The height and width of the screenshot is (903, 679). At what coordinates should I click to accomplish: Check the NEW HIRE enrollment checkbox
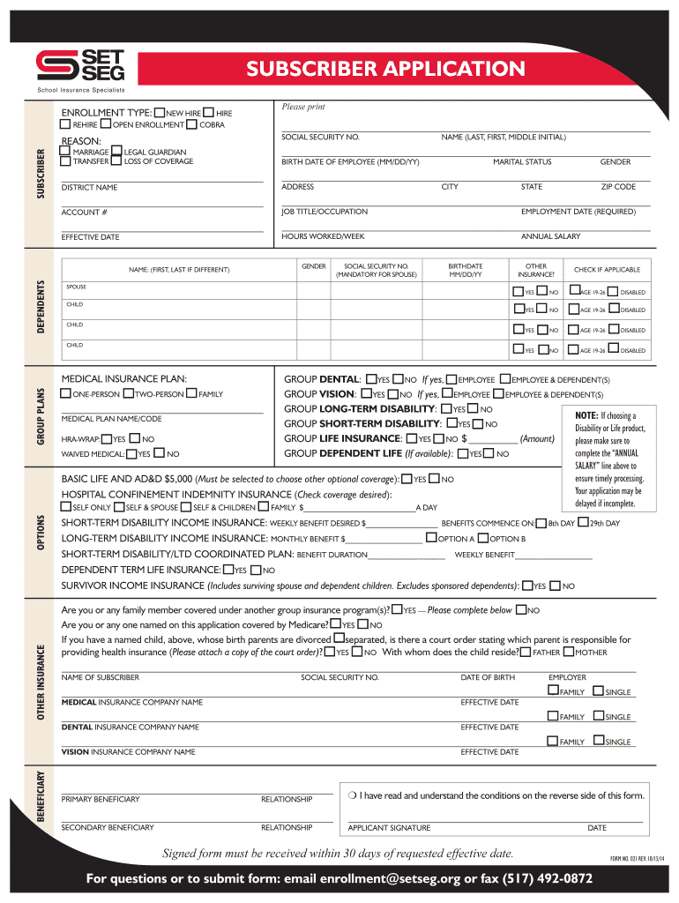(x=159, y=113)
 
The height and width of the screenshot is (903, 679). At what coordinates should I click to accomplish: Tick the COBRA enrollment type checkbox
(x=193, y=124)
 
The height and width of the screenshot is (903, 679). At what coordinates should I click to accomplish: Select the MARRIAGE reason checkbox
(x=65, y=152)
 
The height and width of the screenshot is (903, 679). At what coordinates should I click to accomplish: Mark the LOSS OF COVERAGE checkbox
(x=117, y=161)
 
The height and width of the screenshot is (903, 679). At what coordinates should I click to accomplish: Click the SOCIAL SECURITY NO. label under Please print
(x=320, y=138)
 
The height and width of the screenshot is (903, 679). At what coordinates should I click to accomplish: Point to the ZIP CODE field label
(x=618, y=187)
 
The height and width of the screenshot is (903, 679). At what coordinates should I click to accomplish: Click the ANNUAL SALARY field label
(x=550, y=236)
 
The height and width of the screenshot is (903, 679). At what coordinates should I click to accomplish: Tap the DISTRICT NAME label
(x=89, y=188)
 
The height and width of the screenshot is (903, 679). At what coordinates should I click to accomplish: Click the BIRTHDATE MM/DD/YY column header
(x=466, y=270)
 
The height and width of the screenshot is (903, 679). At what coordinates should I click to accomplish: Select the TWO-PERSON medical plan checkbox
(x=129, y=393)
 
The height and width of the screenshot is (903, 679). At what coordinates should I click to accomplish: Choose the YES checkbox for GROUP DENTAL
(x=371, y=378)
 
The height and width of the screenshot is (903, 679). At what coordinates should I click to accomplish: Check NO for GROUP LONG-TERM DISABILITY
(x=474, y=408)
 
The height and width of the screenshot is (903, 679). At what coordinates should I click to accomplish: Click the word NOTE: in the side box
(x=586, y=415)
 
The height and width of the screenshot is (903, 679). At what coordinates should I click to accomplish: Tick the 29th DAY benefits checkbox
(x=583, y=522)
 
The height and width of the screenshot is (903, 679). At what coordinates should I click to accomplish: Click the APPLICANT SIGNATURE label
(x=389, y=828)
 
